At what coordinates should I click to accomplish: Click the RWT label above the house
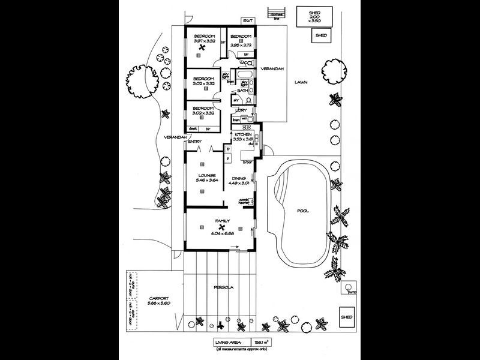coord(248,21)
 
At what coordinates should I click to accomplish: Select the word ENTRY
coord(195,142)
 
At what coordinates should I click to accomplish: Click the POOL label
coord(303,211)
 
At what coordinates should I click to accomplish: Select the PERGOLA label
coord(223,287)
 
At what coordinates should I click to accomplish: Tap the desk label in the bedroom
coord(193,128)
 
